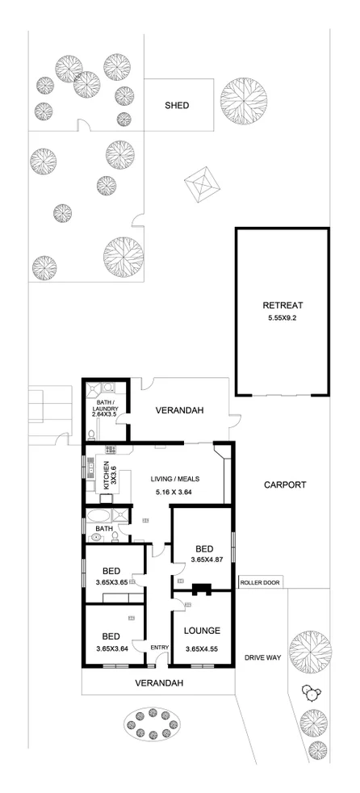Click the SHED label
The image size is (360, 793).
177,105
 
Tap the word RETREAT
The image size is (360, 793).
283,305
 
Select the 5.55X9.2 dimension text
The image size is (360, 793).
283,318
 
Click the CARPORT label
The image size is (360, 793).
285,485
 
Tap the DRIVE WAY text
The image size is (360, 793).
262,658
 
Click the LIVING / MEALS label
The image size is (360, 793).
175,478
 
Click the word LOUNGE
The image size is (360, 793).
202,630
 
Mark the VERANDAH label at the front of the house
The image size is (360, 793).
159,683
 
